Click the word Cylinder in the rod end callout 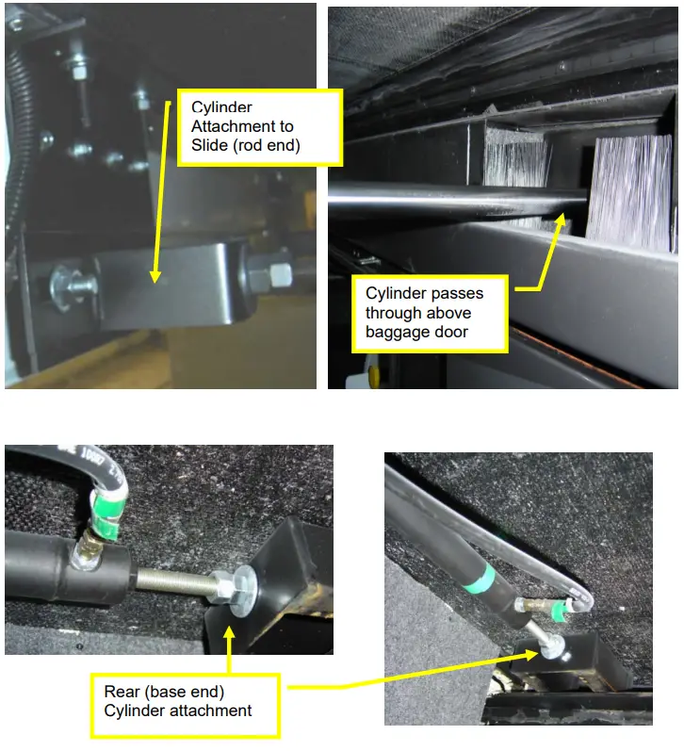(220, 106)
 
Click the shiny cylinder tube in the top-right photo (443, 191)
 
